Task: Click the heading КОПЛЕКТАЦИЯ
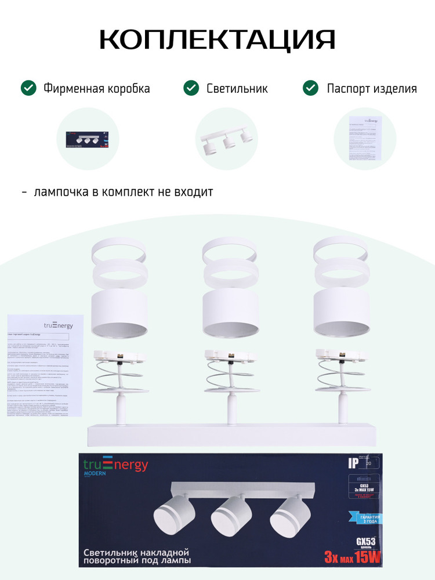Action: (217, 39)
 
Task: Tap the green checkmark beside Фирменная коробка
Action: (28, 89)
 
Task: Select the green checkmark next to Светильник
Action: (191, 89)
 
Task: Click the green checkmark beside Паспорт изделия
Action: (311, 89)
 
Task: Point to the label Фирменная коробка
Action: (96, 89)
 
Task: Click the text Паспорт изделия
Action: (372, 89)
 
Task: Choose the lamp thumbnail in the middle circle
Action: (226, 139)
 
